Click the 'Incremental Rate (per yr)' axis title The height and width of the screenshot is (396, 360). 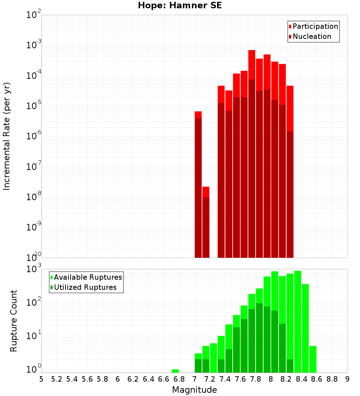[x=7, y=136]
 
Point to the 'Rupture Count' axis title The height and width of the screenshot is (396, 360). [x=14, y=321]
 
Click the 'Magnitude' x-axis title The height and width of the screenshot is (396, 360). [x=194, y=390]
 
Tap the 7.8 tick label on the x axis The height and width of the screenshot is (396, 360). [x=255, y=379]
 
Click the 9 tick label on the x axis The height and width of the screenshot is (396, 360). [x=347, y=379]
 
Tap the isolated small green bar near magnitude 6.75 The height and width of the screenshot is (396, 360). [x=175, y=371]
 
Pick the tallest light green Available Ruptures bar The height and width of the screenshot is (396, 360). [x=297, y=320]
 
